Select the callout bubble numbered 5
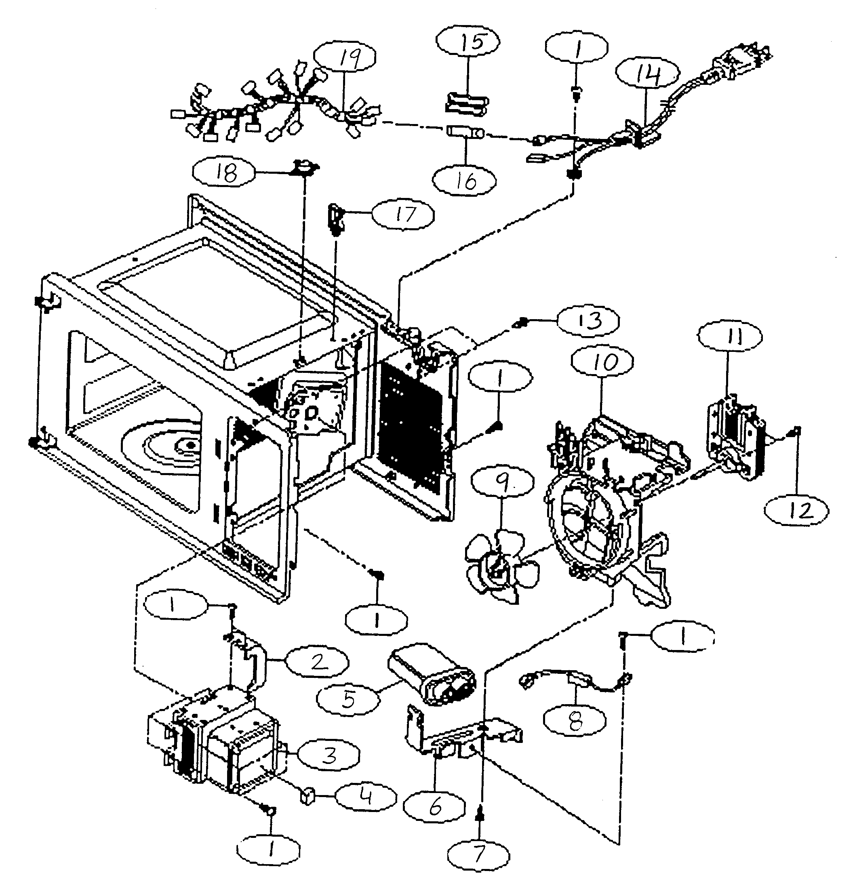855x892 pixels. (x=348, y=699)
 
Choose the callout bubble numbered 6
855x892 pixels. (x=434, y=807)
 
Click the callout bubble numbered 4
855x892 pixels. (x=366, y=797)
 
